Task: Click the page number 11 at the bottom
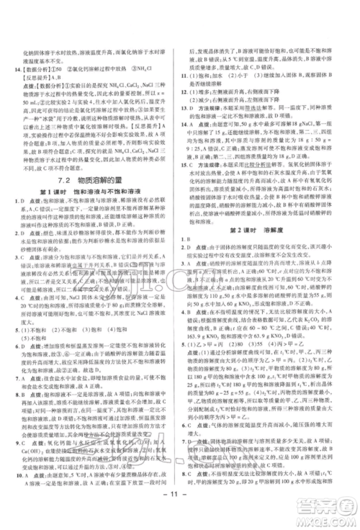pos(179,513)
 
